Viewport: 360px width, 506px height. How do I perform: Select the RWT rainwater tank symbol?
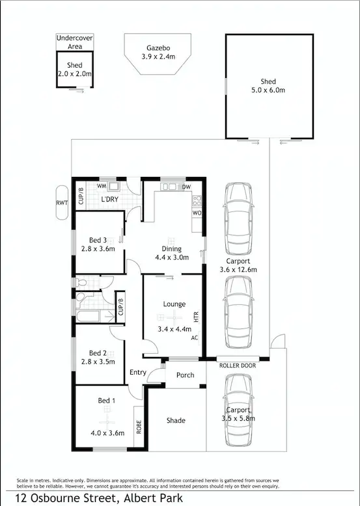point(61,202)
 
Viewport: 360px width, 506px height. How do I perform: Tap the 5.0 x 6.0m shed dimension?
point(268,90)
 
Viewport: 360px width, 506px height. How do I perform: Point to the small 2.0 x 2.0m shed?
point(75,71)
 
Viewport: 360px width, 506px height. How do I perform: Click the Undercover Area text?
point(75,42)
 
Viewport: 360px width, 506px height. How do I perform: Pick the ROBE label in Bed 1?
point(138,427)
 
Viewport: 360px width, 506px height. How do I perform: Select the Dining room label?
point(172,248)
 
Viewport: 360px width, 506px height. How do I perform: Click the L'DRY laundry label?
point(109,200)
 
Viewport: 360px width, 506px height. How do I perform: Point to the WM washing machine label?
point(102,187)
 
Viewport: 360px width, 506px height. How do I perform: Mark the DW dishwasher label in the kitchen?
point(186,187)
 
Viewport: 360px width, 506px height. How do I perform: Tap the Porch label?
point(185,375)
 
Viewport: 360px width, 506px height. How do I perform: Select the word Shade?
point(176,421)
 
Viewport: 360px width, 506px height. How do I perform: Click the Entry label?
point(138,372)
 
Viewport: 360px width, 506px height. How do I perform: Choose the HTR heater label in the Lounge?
point(195,317)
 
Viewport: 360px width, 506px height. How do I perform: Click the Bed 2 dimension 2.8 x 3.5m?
point(98,362)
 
